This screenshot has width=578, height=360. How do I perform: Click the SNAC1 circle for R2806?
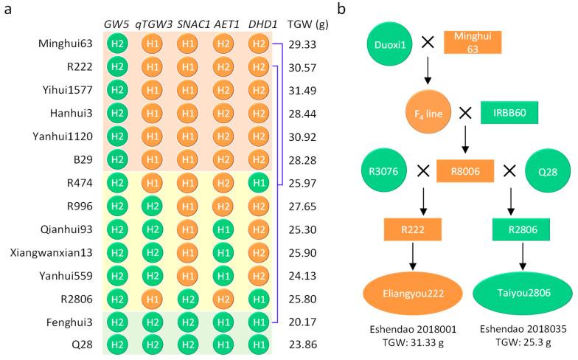[187, 298]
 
